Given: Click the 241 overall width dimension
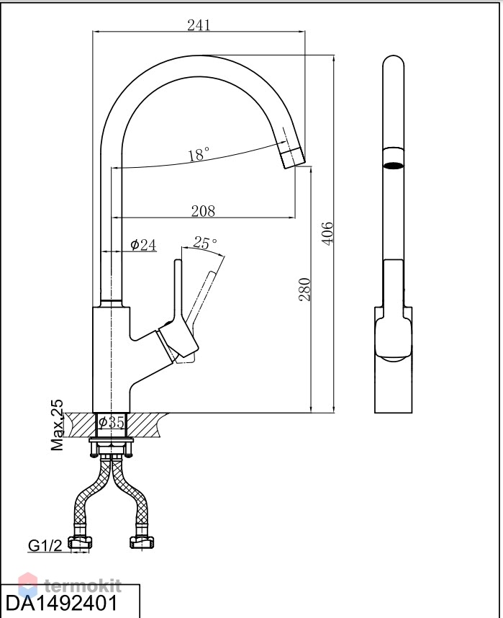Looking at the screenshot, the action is point(199,25).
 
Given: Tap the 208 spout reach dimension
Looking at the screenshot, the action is point(203,211).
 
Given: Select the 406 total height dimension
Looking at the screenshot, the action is point(327,233).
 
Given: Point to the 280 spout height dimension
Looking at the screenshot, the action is point(304,290).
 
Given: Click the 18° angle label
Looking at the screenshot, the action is point(199,154).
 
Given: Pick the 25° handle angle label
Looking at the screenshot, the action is point(205,243).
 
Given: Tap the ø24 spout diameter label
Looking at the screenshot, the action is point(143,245).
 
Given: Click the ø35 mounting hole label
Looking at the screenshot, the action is point(112,422).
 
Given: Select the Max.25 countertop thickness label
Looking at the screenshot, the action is point(57,425).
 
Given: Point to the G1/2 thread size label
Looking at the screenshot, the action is point(45,545).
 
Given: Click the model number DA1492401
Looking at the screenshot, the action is point(61,603).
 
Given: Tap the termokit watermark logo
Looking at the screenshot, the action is point(70,586).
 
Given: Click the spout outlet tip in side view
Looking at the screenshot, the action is point(292,158).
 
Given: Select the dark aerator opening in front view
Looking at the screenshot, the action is point(394,165).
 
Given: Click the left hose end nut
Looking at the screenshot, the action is point(81,542).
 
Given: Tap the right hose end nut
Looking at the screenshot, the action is point(142,542).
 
